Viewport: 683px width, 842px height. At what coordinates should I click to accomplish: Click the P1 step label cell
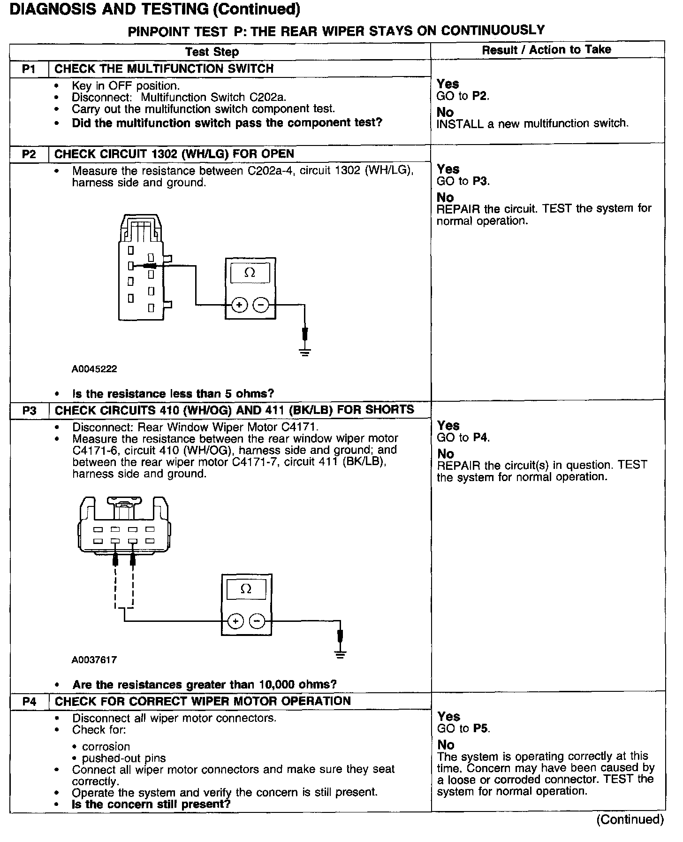(29, 69)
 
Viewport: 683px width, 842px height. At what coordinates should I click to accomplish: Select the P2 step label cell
(29, 154)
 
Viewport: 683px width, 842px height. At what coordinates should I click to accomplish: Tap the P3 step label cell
(29, 411)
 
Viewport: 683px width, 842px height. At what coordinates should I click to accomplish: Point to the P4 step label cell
(29, 702)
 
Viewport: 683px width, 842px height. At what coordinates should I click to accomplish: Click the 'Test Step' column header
(212, 52)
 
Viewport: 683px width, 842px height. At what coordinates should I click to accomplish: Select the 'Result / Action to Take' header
(546, 50)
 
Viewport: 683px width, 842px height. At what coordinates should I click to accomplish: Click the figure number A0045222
(94, 369)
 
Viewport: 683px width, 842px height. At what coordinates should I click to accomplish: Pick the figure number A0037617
(94, 660)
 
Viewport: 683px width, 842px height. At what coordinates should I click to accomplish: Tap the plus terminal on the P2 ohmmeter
(239, 305)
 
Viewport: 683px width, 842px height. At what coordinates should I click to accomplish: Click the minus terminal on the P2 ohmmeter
(261, 305)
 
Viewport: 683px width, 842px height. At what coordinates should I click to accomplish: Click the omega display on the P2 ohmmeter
(250, 273)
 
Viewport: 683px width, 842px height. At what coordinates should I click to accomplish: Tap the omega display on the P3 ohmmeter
(246, 589)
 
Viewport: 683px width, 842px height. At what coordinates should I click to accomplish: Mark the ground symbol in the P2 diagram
(305, 351)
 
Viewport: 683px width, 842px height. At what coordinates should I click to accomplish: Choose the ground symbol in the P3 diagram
(341, 654)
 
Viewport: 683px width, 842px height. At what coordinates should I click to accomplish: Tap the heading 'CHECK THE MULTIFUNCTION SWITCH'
(164, 69)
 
